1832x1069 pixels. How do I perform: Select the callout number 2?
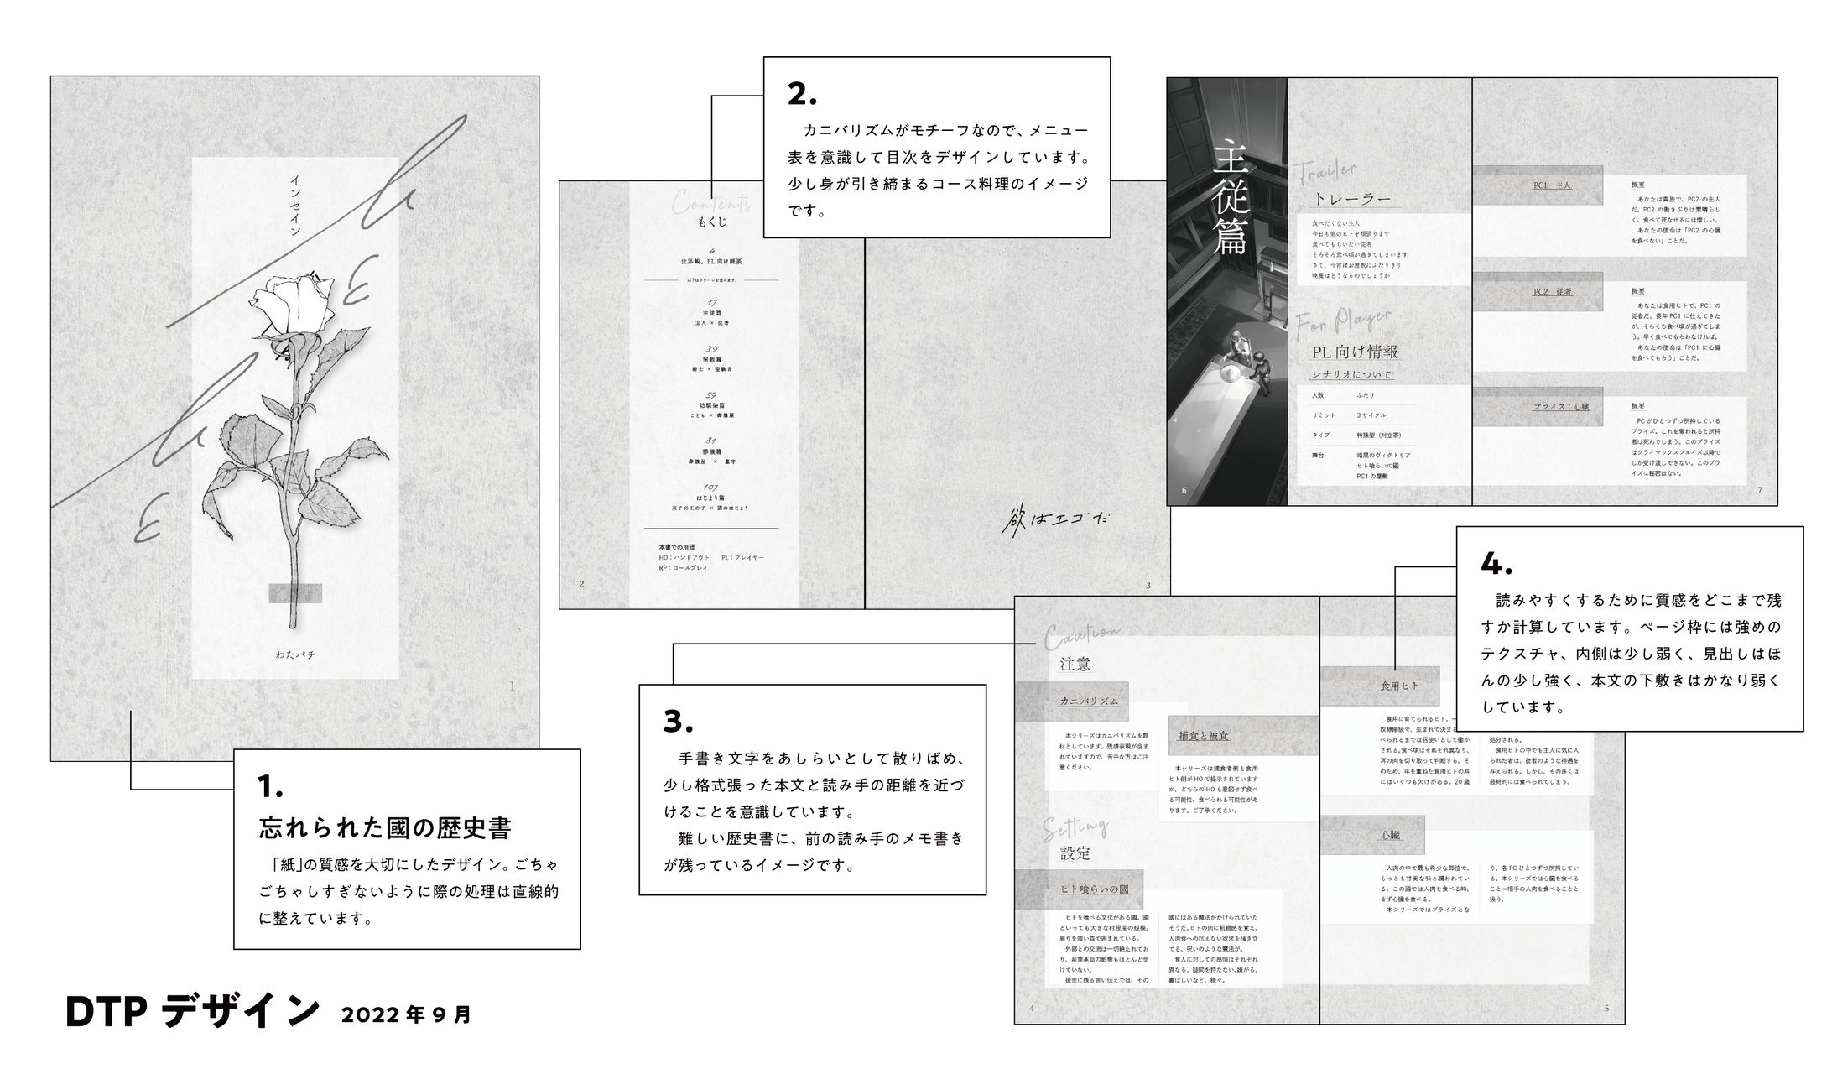click(x=801, y=95)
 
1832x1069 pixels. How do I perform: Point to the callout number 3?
click(x=678, y=722)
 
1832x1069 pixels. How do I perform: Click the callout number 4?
click(x=1496, y=565)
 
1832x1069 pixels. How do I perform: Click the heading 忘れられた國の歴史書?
click(x=385, y=828)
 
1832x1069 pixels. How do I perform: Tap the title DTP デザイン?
click(x=193, y=1013)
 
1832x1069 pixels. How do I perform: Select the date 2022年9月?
click(x=407, y=1015)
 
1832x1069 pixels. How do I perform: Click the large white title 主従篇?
click(x=1231, y=196)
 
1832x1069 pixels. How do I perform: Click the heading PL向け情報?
click(x=1355, y=352)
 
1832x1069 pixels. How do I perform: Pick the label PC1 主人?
click(x=1552, y=185)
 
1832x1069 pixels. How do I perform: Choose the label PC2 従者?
click(x=1552, y=292)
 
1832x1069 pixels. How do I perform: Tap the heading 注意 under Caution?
click(x=1075, y=665)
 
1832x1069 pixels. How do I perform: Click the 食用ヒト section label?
click(x=1400, y=686)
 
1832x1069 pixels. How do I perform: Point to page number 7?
click(x=1760, y=490)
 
